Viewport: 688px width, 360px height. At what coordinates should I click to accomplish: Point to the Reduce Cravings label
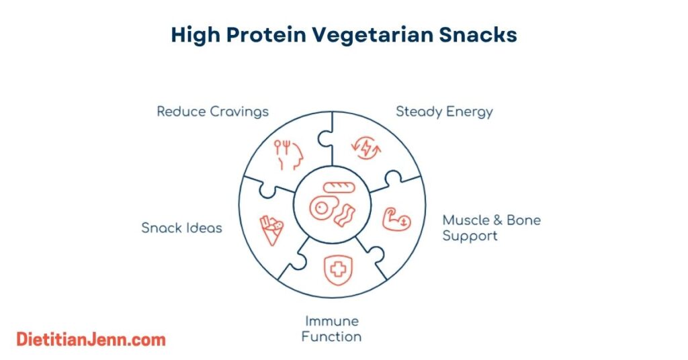212,111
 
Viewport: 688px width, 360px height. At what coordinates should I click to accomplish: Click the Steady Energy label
444,111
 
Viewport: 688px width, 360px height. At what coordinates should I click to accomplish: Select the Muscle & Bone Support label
491,228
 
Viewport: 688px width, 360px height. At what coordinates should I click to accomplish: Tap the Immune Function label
331,328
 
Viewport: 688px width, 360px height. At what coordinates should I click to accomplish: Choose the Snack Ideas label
181,228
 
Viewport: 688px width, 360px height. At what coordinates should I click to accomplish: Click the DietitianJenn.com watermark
91,339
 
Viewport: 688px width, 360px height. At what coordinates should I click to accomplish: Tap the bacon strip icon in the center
345,216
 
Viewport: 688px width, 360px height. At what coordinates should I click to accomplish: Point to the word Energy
471,111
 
